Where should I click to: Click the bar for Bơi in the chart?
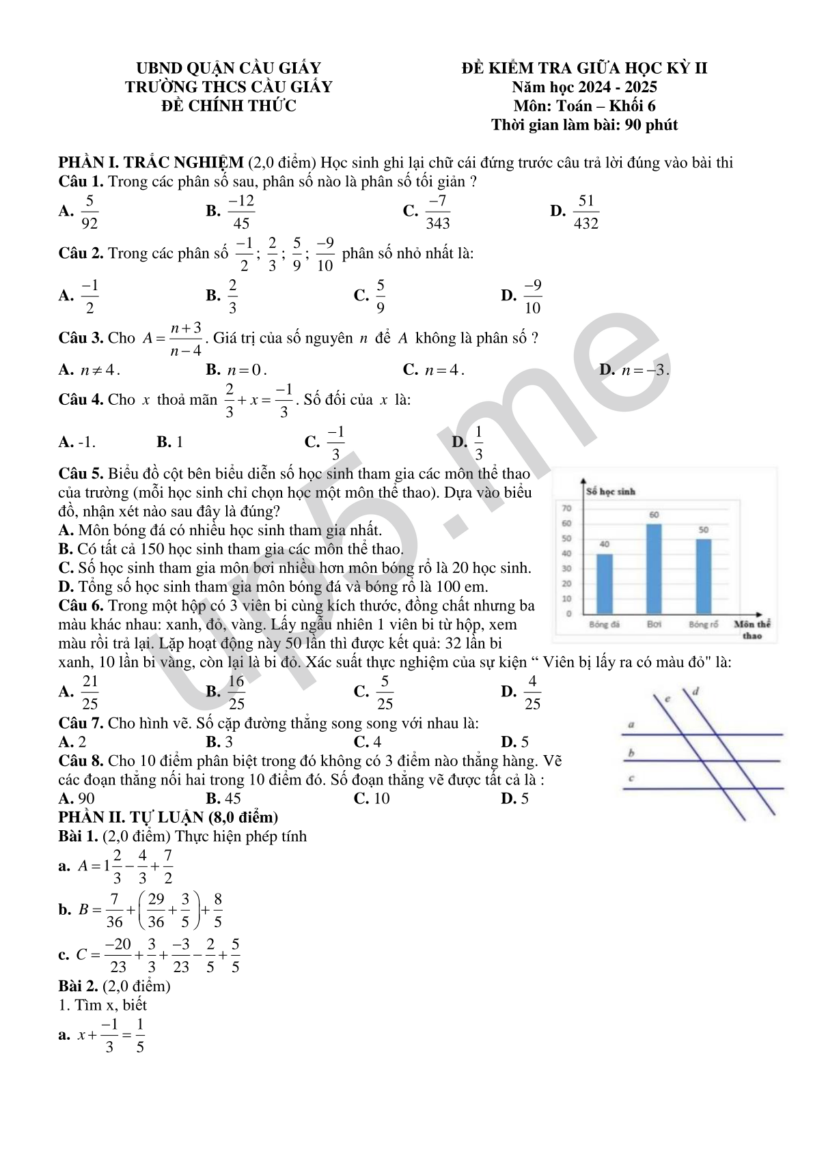(654, 569)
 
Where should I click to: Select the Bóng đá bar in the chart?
(605, 584)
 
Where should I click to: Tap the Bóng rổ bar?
(703, 576)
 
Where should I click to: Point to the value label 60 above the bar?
(654, 515)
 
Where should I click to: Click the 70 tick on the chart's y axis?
(566, 509)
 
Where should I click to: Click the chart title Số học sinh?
(611, 492)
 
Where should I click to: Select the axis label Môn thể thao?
(752, 629)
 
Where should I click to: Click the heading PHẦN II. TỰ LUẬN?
(168, 817)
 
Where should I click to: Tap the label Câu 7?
(81, 723)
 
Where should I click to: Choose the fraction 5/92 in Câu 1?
(89, 212)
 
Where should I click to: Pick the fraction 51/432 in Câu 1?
(586, 212)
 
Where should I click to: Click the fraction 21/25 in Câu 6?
(89, 692)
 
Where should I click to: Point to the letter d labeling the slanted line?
(695, 691)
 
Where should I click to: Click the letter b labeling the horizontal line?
(631, 753)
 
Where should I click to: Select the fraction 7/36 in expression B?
(114, 910)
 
